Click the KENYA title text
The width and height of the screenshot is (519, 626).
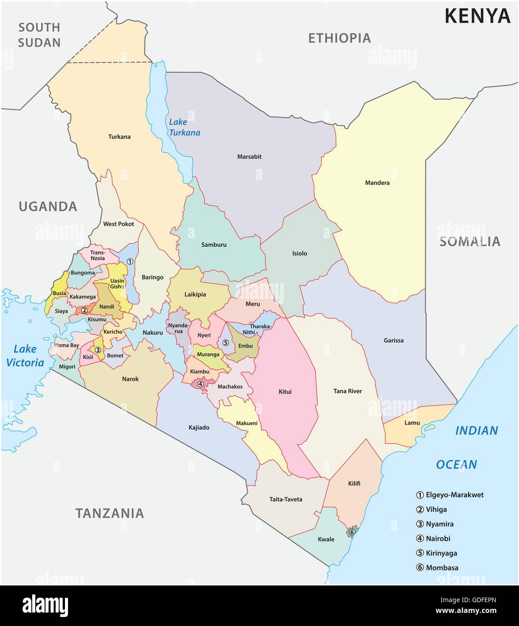[x=477, y=16]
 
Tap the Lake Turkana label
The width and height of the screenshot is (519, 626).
[x=184, y=127]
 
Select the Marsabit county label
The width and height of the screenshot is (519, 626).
[x=249, y=157]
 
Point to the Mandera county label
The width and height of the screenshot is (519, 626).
[x=377, y=183]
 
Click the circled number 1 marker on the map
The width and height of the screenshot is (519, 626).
[x=130, y=261]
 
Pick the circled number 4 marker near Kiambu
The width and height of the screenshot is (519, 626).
[x=200, y=384]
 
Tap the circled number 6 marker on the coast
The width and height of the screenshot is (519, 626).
[x=352, y=532]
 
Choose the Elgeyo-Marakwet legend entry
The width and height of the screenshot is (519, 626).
[x=450, y=495]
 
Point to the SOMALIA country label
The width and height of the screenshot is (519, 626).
[x=470, y=242]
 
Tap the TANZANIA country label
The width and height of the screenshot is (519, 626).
[x=109, y=513]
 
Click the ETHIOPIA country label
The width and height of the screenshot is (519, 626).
[x=339, y=38]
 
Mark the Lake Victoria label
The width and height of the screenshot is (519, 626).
[x=25, y=355]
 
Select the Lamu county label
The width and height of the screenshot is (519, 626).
[x=412, y=422]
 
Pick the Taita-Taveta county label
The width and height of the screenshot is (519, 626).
[x=286, y=499]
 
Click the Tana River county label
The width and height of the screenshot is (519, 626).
[x=347, y=391]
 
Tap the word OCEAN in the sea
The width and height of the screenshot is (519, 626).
[x=456, y=464]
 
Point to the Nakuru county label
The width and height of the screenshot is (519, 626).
[x=152, y=332]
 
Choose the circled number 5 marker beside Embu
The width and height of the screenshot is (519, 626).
[x=226, y=343]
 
